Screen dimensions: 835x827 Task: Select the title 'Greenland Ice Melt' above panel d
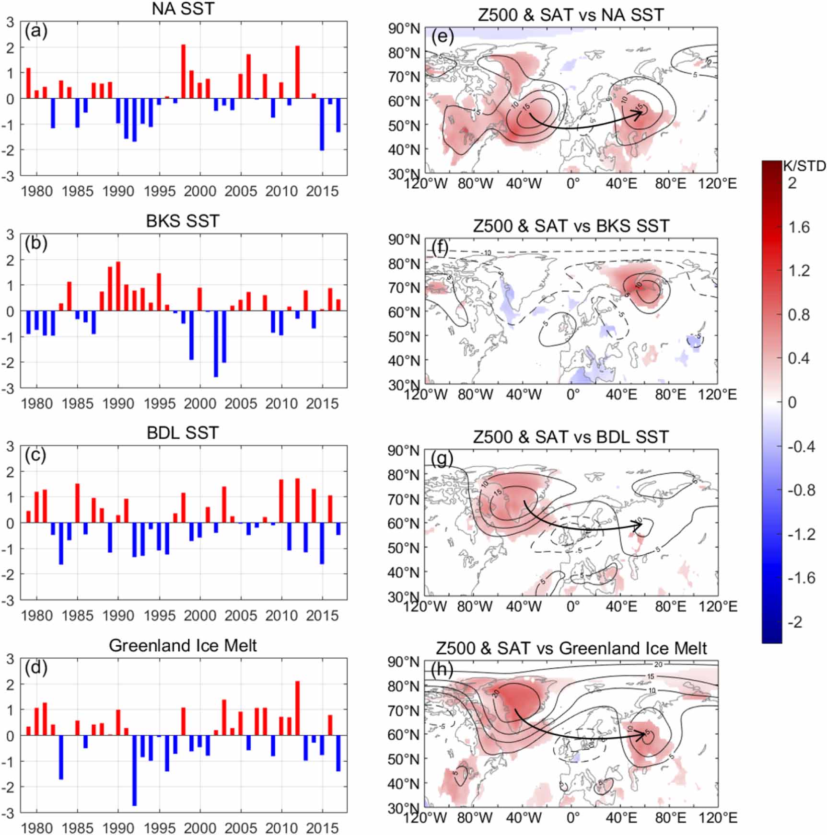183,646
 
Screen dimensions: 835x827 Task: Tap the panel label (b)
36,244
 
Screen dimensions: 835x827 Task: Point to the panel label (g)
442,459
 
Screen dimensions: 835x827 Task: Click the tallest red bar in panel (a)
183,71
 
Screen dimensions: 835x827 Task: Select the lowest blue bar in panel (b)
216,343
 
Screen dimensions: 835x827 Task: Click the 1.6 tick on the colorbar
799,227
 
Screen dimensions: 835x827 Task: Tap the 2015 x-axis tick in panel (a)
322,191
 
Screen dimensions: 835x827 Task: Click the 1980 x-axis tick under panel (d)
37,828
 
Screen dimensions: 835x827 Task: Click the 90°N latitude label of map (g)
404,451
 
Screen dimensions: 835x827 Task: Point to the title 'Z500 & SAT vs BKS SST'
571,226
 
